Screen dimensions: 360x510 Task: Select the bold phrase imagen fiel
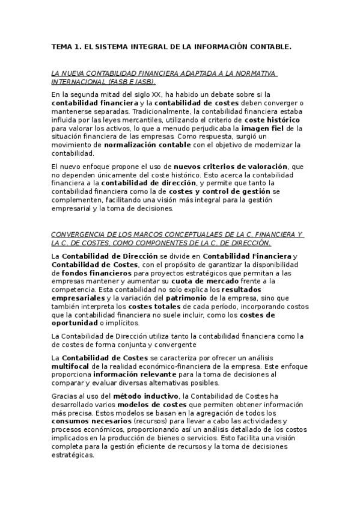pyautogui.click(x=266, y=128)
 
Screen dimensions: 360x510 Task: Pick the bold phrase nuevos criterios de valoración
pyautogui.click(x=231, y=166)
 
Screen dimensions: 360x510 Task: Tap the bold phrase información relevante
pyautogui.click(x=136, y=373)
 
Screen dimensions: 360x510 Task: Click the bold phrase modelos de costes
pyautogui.click(x=153, y=404)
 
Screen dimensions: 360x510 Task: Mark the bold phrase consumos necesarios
pyautogui.click(x=82, y=420)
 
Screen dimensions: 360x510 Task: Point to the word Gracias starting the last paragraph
pyautogui.click(x=64, y=395)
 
